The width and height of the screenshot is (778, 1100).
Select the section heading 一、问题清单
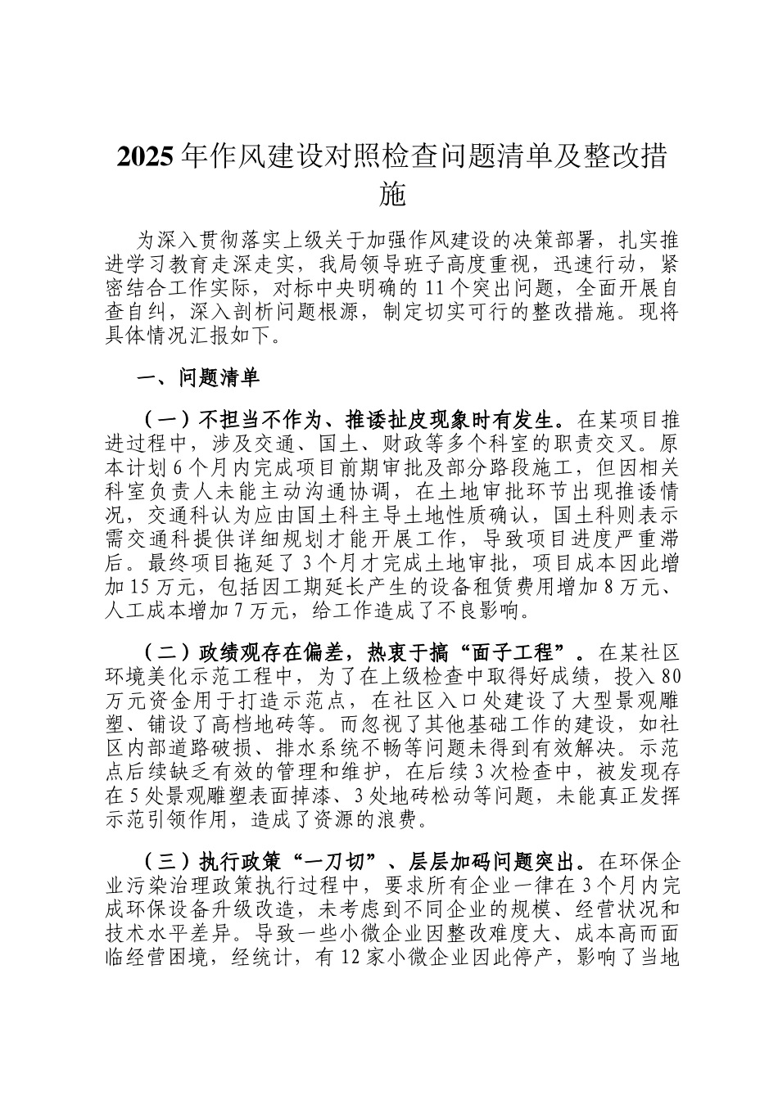(x=197, y=378)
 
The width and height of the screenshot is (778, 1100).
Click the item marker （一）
(x=166, y=421)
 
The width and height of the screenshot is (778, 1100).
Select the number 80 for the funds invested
(x=670, y=676)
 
